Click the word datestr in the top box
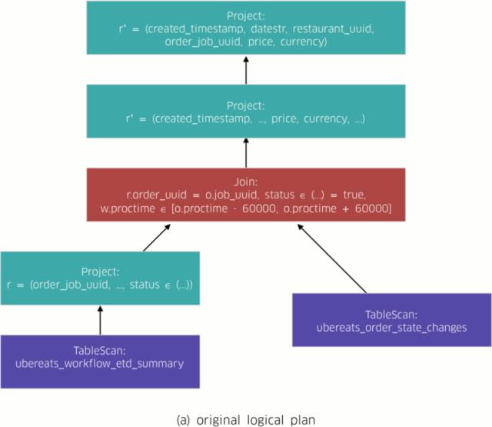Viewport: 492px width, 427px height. click(268, 29)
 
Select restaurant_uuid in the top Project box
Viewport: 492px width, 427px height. click(333, 29)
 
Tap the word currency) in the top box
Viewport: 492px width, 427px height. click(304, 42)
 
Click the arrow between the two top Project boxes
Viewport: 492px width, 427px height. click(246, 70)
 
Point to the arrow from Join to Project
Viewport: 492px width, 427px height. click(246, 153)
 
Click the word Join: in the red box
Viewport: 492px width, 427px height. click(246, 182)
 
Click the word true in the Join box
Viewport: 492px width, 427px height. click(354, 195)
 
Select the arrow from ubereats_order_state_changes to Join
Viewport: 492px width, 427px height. click(331, 259)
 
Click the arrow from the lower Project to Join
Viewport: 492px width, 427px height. click(157, 238)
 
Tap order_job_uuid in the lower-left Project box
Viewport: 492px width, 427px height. click(70, 285)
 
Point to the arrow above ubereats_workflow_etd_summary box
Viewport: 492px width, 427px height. click(100, 321)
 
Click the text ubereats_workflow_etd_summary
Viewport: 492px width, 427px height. click(99, 364)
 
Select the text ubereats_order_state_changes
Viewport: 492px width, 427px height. click(391, 328)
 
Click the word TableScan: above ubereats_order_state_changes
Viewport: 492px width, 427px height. click(391, 315)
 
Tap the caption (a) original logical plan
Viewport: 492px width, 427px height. click(246, 420)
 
